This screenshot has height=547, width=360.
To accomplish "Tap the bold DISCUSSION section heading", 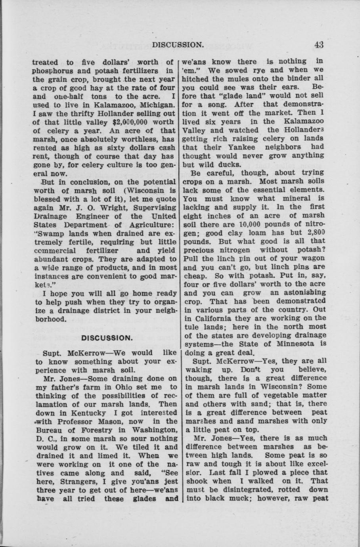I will click(x=106, y=338).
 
